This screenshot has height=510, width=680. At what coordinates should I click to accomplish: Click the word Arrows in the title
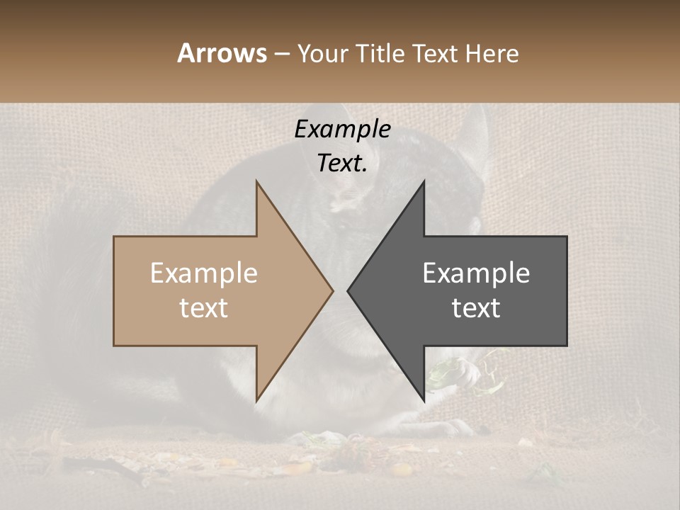(x=222, y=53)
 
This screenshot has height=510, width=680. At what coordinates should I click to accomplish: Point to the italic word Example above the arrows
(x=342, y=130)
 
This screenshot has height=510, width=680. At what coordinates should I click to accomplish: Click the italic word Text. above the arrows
(x=342, y=164)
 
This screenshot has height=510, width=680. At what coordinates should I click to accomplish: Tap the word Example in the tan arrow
(x=204, y=273)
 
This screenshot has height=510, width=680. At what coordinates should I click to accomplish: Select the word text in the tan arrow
(x=204, y=308)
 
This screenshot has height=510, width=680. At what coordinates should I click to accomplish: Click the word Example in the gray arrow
(x=476, y=273)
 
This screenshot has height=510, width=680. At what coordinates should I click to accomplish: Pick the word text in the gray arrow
(x=476, y=308)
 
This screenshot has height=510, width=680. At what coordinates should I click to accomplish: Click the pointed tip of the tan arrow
(x=332, y=290)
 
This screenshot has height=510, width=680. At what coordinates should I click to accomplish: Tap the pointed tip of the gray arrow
(x=348, y=290)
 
